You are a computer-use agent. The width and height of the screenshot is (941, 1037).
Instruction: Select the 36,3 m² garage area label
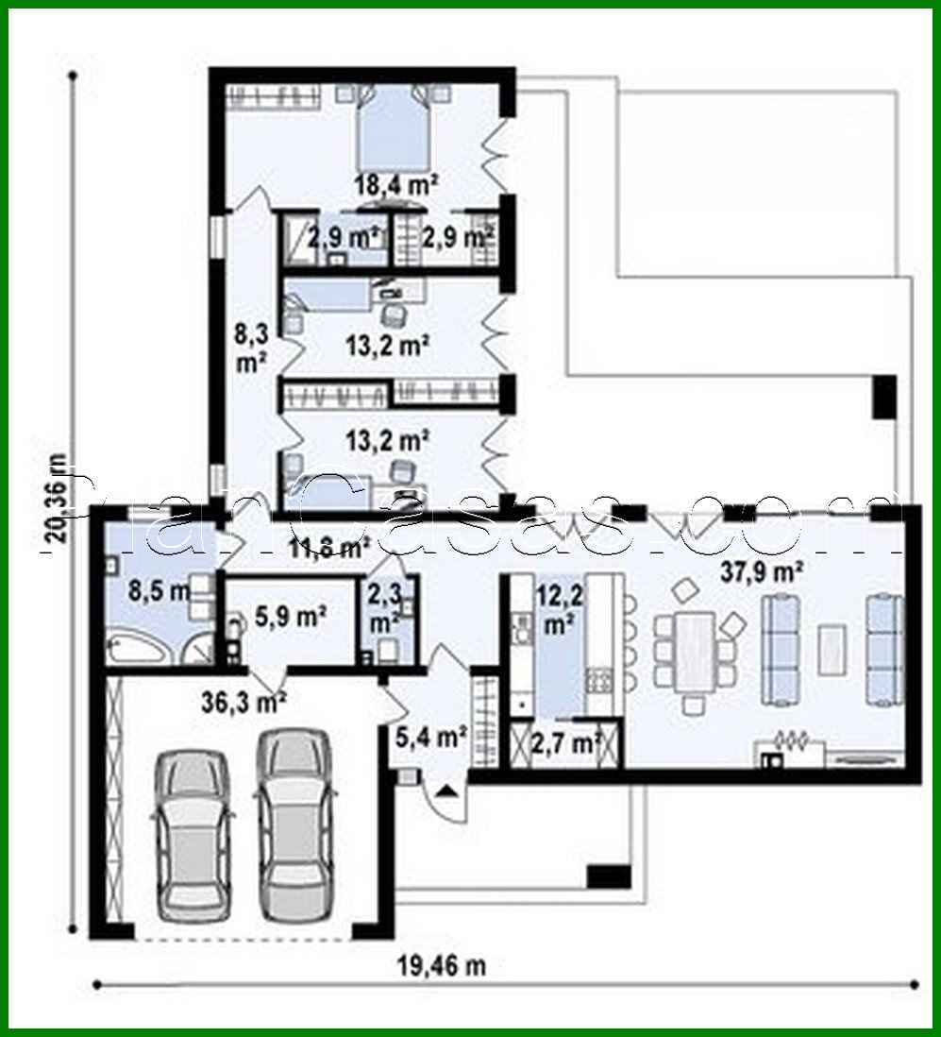[244, 702]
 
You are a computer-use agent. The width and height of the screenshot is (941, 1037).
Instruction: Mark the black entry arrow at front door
[448, 789]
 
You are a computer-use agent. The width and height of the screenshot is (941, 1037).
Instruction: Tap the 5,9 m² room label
[291, 618]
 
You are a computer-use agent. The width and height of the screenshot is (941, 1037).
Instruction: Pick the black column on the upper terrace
[884, 397]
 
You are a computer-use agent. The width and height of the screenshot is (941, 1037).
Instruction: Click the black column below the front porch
[608, 875]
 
